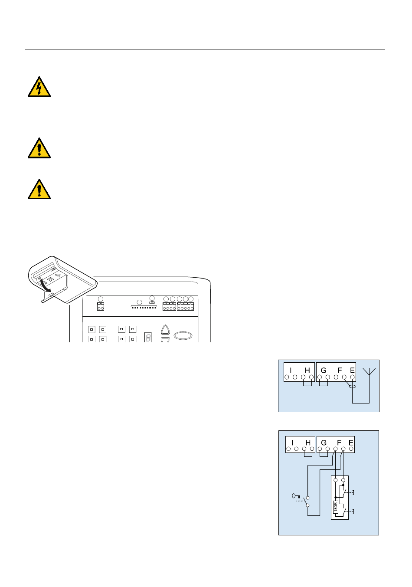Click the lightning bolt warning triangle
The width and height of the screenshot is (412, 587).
[39, 87]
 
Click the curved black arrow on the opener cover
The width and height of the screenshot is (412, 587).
[45, 285]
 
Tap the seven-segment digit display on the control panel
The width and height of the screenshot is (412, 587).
[148, 337]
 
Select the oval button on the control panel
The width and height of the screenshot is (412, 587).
[183, 336]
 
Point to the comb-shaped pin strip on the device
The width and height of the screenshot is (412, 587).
[144, 306]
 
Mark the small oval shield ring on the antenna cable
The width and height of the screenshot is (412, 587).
[353, 386]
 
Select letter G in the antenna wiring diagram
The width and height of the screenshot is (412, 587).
[324, 370]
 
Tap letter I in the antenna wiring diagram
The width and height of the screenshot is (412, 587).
[291, 370]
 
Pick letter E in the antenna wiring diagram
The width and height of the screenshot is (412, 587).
[352, 370]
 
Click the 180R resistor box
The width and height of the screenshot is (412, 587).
[336, 507]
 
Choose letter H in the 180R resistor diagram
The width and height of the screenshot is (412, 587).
[308, 443]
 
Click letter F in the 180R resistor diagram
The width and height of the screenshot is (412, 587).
[339, 443]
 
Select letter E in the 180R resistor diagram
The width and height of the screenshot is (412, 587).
[351, 443]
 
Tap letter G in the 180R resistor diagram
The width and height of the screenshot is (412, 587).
[324, 443]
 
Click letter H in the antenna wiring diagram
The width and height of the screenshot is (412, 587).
[307, 370]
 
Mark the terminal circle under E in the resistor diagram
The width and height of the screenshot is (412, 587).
[351, 449]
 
